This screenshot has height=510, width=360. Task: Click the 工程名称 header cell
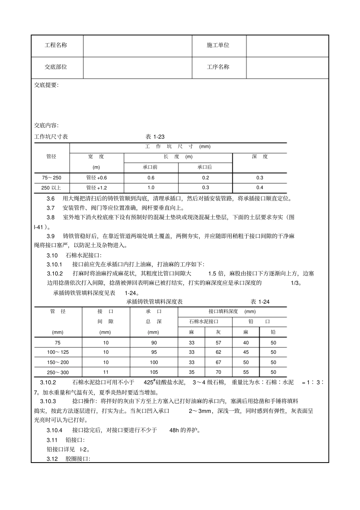coord(56,45)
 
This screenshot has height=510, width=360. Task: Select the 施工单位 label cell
coord(218,45)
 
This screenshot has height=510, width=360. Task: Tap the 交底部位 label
coord(56,67)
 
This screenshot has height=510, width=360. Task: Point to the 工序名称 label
coord(218,67)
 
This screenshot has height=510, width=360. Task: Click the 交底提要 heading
coord(46,85)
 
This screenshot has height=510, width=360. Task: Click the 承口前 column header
coord(150,167)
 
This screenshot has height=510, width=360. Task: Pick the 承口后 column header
coord(205,167)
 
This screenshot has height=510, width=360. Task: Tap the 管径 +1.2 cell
coord(97,188)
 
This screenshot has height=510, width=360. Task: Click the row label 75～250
coord(52,178)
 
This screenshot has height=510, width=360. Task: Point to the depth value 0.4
coord(260,188)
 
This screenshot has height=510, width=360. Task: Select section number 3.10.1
coord(55,264)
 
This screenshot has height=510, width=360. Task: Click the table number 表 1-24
coord(260,302)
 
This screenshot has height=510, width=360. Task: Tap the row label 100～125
coord(58,352)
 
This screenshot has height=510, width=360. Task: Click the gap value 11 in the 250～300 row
coord(106,372)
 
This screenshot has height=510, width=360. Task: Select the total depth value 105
coord(153,372)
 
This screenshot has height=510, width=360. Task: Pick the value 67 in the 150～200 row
coord(218,362)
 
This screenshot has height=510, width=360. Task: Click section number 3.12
coord(52,459)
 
